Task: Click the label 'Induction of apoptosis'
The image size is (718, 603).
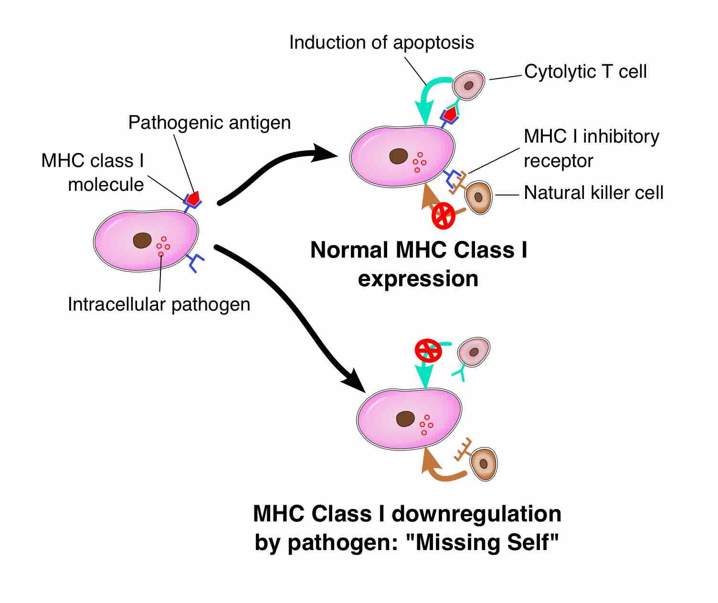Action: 381,43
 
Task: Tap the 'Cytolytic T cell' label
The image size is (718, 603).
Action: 585,72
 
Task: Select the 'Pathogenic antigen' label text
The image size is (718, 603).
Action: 210,123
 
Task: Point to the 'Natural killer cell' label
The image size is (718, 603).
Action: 593,193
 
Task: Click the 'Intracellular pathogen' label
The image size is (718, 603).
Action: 159,304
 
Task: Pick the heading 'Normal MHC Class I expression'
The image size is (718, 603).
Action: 419,264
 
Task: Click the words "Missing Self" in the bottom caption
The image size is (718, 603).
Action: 487,542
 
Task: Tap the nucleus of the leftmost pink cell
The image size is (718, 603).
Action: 142,240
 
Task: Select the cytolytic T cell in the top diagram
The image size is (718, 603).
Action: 468,85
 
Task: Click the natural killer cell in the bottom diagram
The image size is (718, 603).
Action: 484,463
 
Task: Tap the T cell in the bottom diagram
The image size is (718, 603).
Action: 474,352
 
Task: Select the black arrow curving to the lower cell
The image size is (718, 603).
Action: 296,310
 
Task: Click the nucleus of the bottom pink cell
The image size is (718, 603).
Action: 405,418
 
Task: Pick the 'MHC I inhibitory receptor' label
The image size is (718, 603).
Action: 591,148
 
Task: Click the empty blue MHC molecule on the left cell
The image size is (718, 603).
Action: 195,262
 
